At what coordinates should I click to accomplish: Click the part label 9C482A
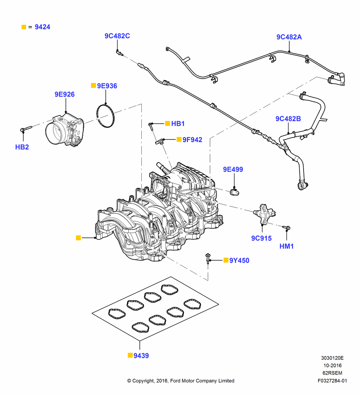point(289,37)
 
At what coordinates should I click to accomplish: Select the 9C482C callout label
point(117,36)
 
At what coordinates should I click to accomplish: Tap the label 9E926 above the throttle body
point(64,94)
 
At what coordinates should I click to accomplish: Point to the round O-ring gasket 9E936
point(106,116)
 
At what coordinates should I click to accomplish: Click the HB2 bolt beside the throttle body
point(26,129)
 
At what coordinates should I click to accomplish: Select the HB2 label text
point(22,147)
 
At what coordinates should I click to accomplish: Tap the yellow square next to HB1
point(167,123)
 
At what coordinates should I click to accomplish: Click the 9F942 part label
point(192,140)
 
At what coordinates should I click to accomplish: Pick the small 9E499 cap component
point(234,192)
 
